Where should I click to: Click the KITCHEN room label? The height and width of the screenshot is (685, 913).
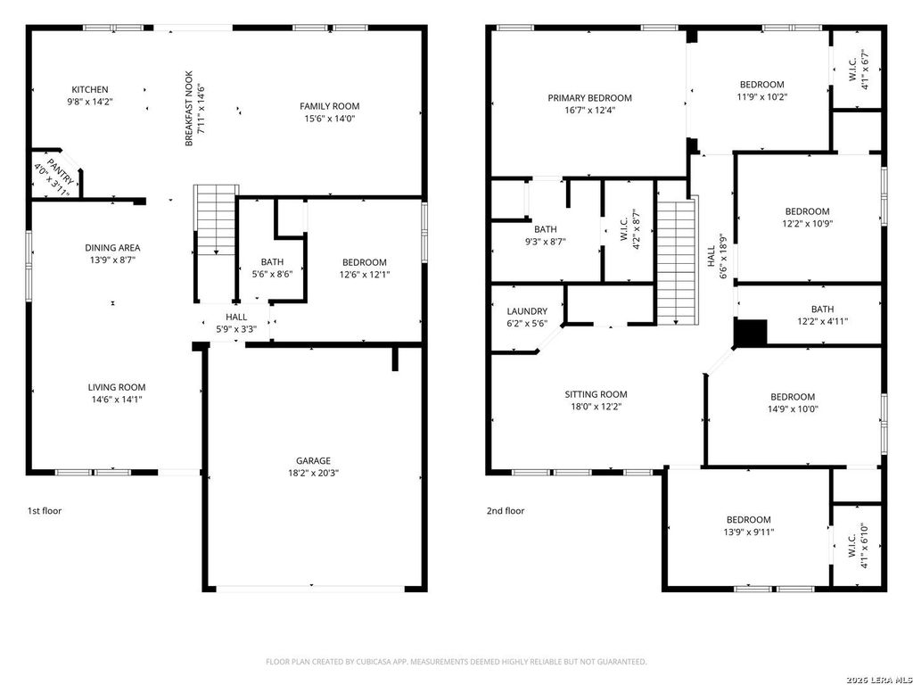90,90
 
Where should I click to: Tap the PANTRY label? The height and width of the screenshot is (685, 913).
61,171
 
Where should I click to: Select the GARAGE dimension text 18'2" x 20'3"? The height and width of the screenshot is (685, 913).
313,473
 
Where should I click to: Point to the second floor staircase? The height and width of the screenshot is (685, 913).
677,261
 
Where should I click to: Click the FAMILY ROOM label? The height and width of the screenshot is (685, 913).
330,106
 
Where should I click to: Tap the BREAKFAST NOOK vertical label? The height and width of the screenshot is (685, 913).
189,108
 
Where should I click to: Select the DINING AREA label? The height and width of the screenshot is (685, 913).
112,248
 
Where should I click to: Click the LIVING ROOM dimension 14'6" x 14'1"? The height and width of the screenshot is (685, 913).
117,400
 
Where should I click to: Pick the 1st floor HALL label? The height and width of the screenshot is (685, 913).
236,317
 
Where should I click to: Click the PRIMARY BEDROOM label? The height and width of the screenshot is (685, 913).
590,98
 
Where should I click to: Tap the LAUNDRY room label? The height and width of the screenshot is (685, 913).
527,311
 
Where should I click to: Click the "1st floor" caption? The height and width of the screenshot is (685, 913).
45,511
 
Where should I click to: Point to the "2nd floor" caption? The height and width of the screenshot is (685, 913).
506,511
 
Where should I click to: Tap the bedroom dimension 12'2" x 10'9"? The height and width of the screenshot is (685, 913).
807,223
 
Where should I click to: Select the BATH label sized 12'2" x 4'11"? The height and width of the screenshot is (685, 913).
822,309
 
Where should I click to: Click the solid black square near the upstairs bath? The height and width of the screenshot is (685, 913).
751,333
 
